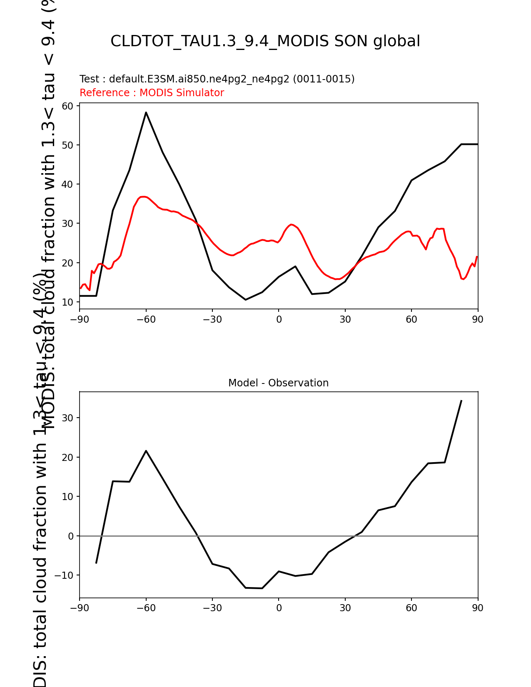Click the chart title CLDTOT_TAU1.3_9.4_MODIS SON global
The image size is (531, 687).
coord(265,41)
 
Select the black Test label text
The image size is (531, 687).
coord(217,79)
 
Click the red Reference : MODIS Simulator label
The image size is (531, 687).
coord(152,93)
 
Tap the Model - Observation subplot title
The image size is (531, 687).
coord(278,383)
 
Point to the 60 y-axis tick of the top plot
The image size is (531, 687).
coord(68,106)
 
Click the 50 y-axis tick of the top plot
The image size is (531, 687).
coord(68,145)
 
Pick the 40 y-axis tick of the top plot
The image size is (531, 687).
coord(68,184)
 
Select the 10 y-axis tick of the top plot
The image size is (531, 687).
coord(68,302)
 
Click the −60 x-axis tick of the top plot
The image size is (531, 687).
coord(146,320)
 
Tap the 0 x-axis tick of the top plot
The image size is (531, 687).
coord(279,320)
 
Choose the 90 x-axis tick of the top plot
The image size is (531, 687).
coord(478,320)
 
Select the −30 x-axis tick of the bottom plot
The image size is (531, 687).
coord(212,608)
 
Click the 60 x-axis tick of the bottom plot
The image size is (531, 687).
coord(411,608)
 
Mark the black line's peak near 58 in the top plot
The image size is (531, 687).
coord(146,112)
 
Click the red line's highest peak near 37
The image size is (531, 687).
coord(143,197)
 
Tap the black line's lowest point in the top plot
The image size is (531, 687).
coord(246,300)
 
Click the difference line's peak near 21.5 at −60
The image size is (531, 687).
coord(146,451)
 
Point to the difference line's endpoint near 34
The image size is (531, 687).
coord(461,401)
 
